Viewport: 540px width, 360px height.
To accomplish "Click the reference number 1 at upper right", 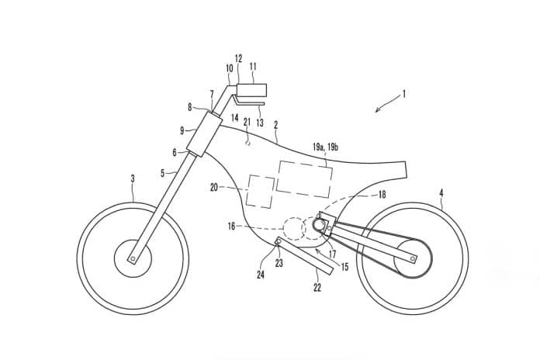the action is [x=403, y=94].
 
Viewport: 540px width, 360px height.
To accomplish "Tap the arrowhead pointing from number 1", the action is [x=377, y=110].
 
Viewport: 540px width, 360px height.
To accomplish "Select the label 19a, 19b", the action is [x=325, y=147].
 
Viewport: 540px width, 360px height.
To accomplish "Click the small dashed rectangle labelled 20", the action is [x=261, y=192].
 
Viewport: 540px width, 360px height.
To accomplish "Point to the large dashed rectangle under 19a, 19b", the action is [x=304, y=179].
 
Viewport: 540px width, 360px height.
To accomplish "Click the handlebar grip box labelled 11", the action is [x=251, y=89].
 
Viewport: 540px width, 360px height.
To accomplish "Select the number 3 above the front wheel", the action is [x=133, y=178].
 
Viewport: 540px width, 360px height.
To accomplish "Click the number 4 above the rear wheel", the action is [x=441, y=193].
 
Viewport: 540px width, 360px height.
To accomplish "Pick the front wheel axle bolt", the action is [x=133, y=258].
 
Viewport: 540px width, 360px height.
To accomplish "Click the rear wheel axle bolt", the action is [x=413, y=258].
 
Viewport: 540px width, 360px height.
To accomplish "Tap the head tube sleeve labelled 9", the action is [x=203, y=134].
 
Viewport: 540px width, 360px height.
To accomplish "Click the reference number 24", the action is [x=261, y=275].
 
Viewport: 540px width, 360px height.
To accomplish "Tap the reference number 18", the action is [x=382, y=195].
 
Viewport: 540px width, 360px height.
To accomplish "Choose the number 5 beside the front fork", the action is [x=163, y=173].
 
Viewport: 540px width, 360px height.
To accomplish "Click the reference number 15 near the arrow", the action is [x=344, y=266].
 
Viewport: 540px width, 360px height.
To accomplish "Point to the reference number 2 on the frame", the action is [x=275, y=125].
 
